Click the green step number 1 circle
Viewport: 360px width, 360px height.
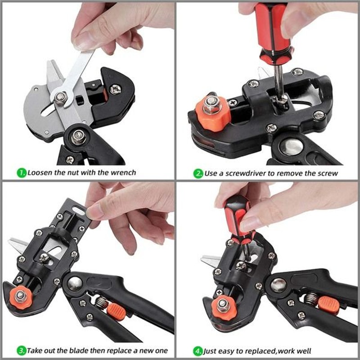21,172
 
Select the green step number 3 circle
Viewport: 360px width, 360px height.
21,350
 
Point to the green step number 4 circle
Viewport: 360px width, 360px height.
198,350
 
